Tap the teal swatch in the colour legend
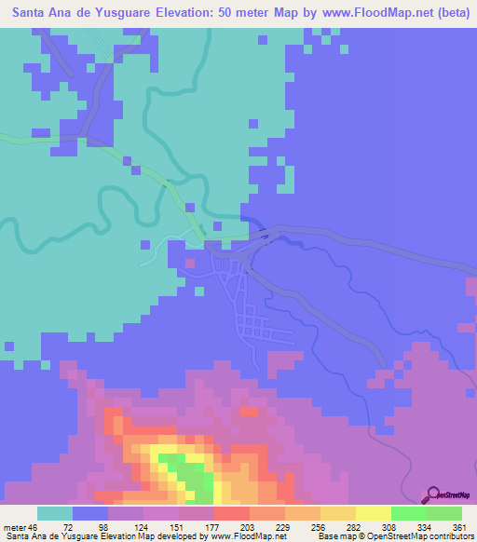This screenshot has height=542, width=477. pyautogui.click(x=55, y=513)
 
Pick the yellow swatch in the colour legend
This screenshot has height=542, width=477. pyautogui.click(x=374, y=513)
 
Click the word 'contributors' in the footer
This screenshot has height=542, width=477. pyautogui.click(x=445, y=535)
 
